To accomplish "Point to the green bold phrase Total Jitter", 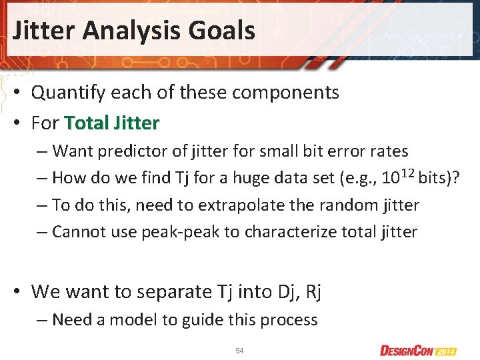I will tap(112, 123).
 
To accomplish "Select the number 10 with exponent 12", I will tap(394, 177).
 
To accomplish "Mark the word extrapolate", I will tap(232, 205).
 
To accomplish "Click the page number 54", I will tap(239, 351).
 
